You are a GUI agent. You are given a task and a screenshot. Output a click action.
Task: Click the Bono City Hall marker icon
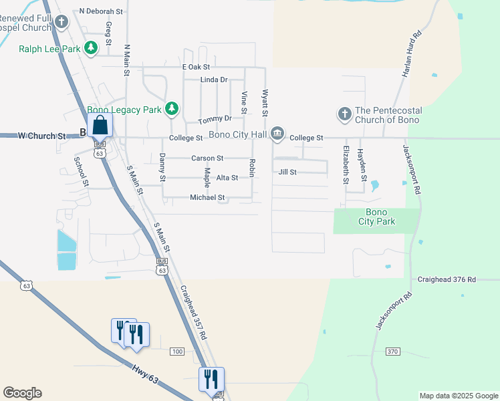[x=277, y=135]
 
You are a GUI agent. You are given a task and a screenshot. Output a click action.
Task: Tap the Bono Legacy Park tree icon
[x=172, y=108]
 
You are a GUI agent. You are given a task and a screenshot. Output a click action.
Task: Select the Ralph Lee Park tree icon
[x=92, y=47]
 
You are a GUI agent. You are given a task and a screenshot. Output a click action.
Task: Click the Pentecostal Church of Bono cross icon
[x=344, y=114]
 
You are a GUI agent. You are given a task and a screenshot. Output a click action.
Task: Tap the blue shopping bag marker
[x=100, y=125]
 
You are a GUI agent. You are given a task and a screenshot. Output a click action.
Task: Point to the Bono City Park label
[x=376, y=217]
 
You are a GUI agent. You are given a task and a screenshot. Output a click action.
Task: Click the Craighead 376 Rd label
[x=447, y=279]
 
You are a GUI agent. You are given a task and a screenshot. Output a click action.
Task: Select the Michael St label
[x=207, y=198]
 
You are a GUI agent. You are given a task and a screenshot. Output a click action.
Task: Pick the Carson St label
[x=207, y=158]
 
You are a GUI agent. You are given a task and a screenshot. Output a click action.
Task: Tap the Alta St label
[x=227, y=178]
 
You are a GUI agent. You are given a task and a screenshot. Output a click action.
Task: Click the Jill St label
[x=287, y=172]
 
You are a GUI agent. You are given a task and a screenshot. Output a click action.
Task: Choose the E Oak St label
[x=196, y=67]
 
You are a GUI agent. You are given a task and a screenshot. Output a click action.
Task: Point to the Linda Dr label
[x=214, y=80]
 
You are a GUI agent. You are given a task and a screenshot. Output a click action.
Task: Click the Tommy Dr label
[x=215, y=119]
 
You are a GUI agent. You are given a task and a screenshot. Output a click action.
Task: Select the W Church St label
[x=41, y=136]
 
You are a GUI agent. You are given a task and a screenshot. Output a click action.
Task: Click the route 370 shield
[x=392, y=351]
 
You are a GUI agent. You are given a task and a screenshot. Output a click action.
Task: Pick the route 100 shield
[x=177, y=351]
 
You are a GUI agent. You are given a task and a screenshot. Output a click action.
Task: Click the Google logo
[x=22, y=393]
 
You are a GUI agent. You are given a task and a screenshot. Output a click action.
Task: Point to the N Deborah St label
[x=101, y=11]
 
